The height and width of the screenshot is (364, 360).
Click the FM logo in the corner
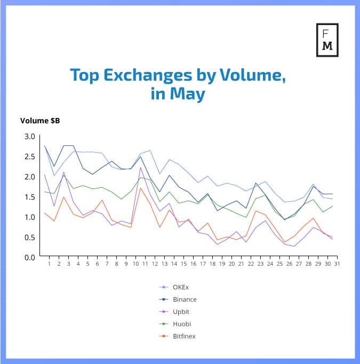327,39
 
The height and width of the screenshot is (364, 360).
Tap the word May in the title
188,94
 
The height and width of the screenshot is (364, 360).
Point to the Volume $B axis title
40,121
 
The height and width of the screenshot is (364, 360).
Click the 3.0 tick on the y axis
29,137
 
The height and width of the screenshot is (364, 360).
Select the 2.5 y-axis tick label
29,156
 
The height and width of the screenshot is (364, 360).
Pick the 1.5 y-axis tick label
29,197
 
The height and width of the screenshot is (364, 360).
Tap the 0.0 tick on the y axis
29,257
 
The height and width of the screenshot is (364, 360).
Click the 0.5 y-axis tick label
29,237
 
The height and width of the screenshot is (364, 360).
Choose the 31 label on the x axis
337,263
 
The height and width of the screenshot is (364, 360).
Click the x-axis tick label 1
49,263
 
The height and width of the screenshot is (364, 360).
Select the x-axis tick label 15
183,263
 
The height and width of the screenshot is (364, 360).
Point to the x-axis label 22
251,263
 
